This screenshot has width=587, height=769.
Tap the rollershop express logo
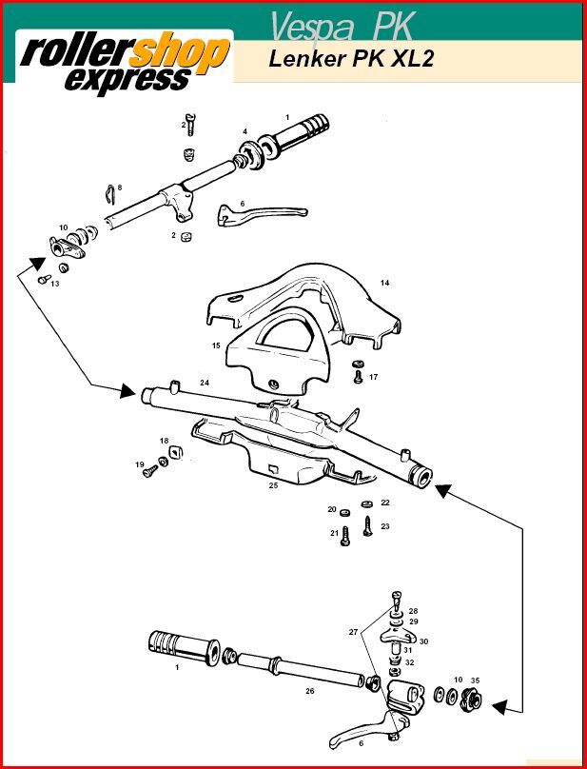coord(124,62)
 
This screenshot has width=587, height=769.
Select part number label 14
coord(384,283)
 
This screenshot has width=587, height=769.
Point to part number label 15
coord(216,345)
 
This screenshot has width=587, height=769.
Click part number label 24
coord(204,383)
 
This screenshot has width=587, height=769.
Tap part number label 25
coord(273,485)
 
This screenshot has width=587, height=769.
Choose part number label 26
coord(309,691)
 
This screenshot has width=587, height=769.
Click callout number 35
coord(475,680)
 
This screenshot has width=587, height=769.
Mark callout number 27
coord(353,632)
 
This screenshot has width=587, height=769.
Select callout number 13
coord(54,284)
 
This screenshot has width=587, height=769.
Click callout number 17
coord(373,377)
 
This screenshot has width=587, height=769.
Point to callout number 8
coord(120,187)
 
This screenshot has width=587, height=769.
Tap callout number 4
coord(245,131)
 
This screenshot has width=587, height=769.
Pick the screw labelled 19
coord(148,471)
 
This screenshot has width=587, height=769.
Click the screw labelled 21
coord(345,534)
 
